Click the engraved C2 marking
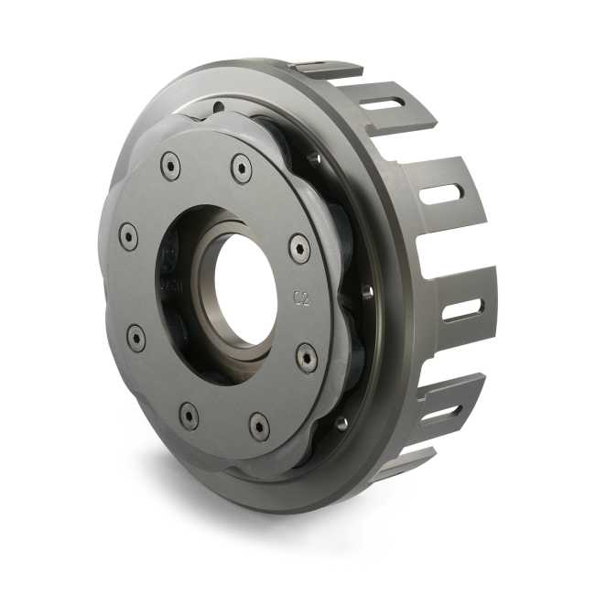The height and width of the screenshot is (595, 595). pos(301,297)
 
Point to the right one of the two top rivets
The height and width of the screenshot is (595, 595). pos(241,168)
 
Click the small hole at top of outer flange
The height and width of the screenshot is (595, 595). pos(217,107)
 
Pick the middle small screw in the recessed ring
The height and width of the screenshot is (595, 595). pos(367,292)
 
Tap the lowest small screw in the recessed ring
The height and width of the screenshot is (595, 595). pos(341,423)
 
